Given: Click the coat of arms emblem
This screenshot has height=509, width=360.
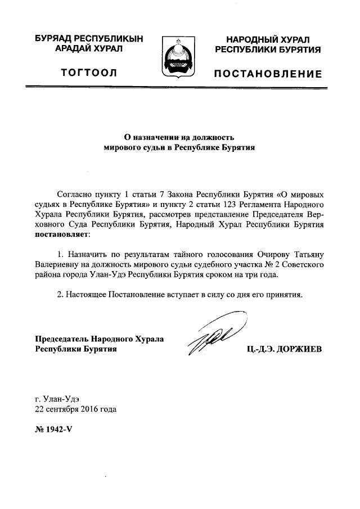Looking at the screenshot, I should click(x=179, y=57).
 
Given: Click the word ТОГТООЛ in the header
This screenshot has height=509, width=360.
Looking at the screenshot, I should click(x=92, y=74).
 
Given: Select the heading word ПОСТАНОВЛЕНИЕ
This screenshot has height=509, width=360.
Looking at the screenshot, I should click(x=268, y=74).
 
